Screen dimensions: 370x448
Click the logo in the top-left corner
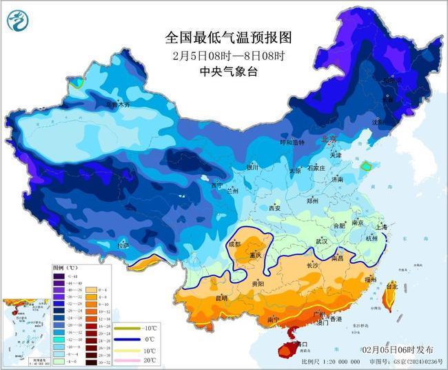15,20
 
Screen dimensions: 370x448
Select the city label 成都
234,244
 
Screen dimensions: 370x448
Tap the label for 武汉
321,241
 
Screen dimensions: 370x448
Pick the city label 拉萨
122,245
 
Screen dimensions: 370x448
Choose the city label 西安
275,207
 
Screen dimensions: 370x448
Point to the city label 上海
381,226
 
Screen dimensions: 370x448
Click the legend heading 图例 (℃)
66,266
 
